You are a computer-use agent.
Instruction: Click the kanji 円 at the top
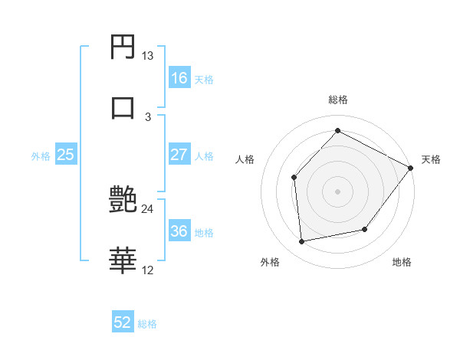point(123,47)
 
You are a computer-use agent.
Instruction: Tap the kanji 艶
point(123,200)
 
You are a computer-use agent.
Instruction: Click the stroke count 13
point(147,56)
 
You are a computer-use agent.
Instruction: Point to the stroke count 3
point(148,116)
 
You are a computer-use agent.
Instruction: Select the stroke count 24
point(147,208)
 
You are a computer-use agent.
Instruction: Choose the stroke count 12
point(147,270)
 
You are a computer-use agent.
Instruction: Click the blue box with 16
point(179,78)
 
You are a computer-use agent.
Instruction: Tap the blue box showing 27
point(179,155)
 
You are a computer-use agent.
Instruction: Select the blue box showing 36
point(179,231)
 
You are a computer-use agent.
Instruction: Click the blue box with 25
point(66,155)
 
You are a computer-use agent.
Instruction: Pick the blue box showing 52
point(123,323)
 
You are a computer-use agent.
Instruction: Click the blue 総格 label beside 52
point(147,324)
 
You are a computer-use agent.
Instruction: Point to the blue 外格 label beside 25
point(41,155)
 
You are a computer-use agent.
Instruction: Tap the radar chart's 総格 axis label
point(338,100)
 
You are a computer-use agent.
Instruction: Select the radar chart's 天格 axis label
point(431,159)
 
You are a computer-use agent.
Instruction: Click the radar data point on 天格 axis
point(411,168)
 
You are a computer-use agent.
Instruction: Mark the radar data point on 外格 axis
point(302,242)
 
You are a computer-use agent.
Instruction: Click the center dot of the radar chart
point(337,191)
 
